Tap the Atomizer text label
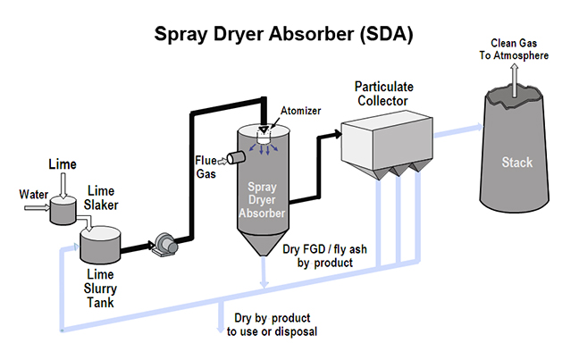(300, 112)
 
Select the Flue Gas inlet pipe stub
(236, 158)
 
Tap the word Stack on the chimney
(516, 163)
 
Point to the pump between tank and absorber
(163, 242)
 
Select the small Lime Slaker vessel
(63, 211)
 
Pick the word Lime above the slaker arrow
(63, 164)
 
